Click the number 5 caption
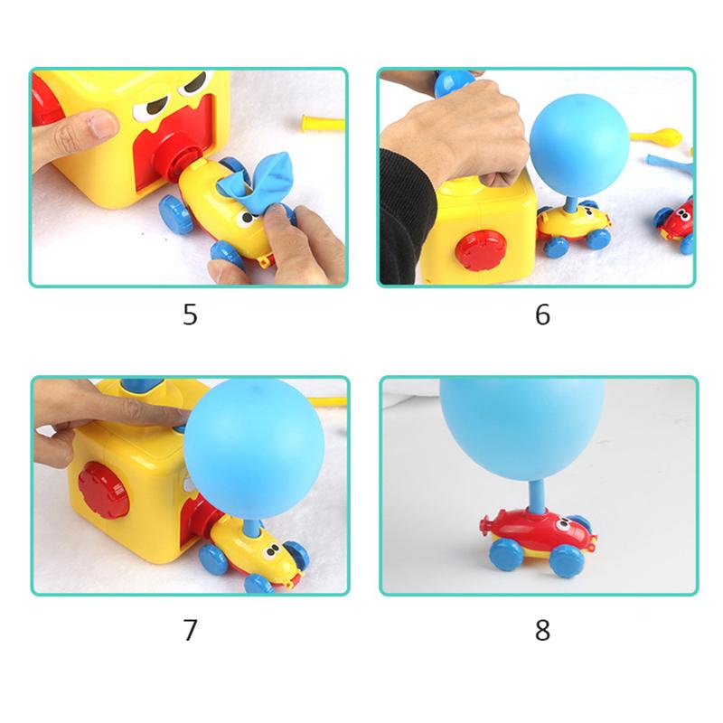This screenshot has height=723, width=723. (x=190, y=315)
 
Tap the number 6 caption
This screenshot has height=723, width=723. (x=542, y=315)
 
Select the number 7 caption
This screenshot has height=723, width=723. (x=190, y=630)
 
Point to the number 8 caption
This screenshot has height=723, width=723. (x=542, y=630)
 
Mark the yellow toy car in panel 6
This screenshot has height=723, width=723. (x=575, y=227)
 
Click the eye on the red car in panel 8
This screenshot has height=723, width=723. (x=563, y=524)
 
